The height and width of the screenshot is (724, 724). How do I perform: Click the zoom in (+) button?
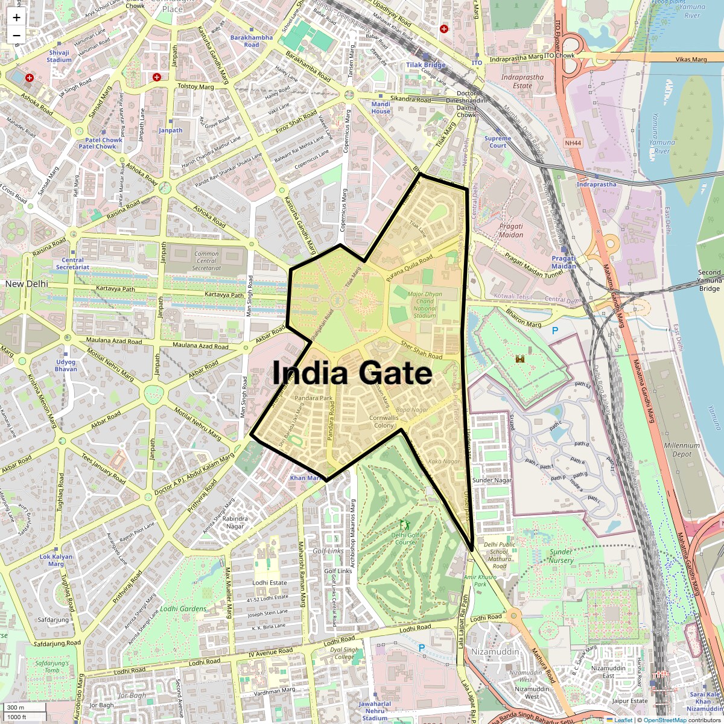16,17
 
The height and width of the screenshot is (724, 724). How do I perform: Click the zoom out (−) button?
16,35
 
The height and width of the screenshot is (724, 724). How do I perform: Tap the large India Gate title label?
352,374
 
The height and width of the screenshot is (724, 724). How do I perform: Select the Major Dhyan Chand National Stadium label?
424,304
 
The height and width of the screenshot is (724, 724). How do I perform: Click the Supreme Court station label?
498,142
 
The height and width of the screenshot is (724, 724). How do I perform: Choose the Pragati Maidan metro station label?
564,262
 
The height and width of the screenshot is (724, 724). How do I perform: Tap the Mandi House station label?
381,107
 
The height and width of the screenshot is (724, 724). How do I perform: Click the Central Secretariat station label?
72,264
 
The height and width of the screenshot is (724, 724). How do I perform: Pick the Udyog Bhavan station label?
66,365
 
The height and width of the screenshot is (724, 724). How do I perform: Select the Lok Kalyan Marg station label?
56,560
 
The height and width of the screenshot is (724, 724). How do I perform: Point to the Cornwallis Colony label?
384,421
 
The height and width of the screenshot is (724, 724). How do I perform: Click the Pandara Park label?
314,399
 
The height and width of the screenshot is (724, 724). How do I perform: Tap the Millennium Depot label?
682,449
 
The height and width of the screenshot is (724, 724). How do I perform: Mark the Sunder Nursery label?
561,556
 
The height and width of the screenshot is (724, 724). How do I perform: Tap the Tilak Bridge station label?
425,65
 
